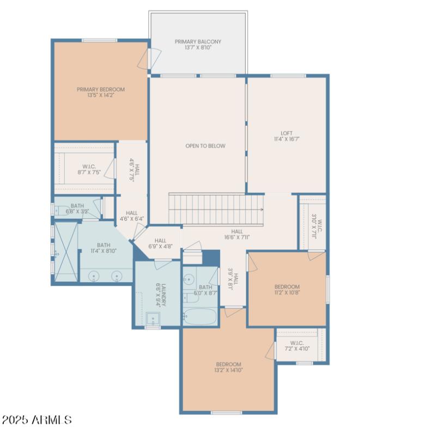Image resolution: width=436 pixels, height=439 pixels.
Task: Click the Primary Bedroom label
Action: point(100,93)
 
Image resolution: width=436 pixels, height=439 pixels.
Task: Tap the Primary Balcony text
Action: point(198,45)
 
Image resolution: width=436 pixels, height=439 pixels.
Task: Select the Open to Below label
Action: point(205,146)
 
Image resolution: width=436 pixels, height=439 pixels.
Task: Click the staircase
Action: point(216,209)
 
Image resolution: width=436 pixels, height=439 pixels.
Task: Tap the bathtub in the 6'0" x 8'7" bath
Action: point(200,316)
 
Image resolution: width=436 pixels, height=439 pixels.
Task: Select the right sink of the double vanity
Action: point(117,277)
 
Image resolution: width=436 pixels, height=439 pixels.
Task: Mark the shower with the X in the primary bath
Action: point(66,252)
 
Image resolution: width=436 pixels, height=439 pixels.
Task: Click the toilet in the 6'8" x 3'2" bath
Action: point(60,209)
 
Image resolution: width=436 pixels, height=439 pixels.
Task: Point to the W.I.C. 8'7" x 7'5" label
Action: point(89,169)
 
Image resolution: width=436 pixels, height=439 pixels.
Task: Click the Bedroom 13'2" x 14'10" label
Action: point(228,367)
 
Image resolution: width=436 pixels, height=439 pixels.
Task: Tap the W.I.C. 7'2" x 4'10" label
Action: point(296,346)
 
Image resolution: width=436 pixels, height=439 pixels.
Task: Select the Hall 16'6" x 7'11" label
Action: point(237,234)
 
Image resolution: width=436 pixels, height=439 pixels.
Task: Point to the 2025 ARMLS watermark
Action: point(37,420)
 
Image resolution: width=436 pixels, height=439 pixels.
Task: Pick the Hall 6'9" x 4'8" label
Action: point(160,243)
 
